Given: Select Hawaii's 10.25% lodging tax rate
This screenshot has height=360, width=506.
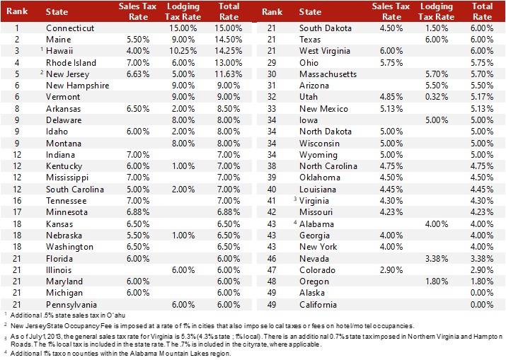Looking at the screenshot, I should tap(184, 50).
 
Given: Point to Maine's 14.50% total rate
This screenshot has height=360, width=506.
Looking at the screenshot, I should tap(228, 39).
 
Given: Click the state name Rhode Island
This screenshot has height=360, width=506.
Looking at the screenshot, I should tap(70, 62).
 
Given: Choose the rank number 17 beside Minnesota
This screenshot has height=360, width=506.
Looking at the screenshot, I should tap(17, 212).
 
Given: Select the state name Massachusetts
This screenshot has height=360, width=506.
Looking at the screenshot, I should tap(328, 74).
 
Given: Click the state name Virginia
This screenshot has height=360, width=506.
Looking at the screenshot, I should tap(316, 201).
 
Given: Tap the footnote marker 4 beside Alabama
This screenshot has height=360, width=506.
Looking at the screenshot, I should tap(296, 222).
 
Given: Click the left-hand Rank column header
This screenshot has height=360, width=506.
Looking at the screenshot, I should tap(17, 12).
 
